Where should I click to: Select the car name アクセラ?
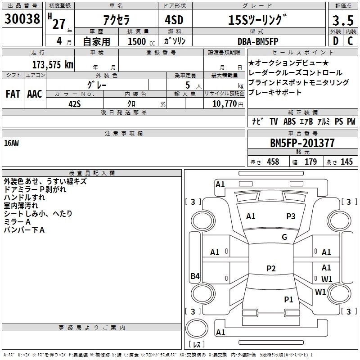(x=116, y=20)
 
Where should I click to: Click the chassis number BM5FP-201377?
(x=302, y=143)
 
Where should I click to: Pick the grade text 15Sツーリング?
(x=257, y=20)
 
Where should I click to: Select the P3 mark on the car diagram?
(x=291, y=216)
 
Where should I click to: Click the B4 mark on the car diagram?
(x=194, y=276)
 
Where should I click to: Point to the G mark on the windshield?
(x=284, y=237)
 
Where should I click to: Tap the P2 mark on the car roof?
(x=270, y=269)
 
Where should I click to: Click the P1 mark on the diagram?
(x=288, y=299)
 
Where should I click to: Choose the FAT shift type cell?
(x=13, y=94)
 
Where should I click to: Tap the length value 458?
(x=273, y=162)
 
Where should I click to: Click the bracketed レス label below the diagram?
(x=196, y=344)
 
